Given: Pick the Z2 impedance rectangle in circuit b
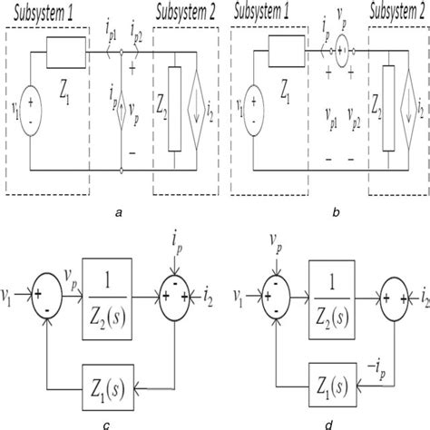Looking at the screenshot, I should [387, 113].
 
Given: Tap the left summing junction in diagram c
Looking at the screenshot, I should [42, 296].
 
